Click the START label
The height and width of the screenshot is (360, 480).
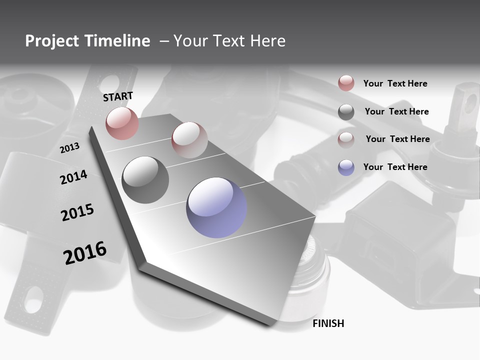[x=118, y=96]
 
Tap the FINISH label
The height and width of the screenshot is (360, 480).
[x=328, y=323]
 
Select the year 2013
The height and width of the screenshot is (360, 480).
[x=69, y=148]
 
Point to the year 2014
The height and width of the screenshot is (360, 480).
[x=73, y=177]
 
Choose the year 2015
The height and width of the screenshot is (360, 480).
[x=77, y=212]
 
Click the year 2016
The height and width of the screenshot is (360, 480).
[x=85, y=253]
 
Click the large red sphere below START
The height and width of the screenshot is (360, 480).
[x=122, y=123]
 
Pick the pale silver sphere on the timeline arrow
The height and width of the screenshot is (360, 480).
[x=189, y=139]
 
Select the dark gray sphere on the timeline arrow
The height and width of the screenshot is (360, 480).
[x=145, y=179]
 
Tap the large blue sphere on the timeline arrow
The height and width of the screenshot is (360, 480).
[x=216, y=207]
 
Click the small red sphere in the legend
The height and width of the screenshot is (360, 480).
[x=346, y=83]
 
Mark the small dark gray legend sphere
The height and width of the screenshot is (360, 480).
[x=346, y=112]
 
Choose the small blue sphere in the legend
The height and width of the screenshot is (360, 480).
[x=346, y=167]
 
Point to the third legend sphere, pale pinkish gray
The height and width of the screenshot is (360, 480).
[x=346, y=139]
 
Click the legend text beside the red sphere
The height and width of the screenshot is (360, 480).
[x=395, y=83]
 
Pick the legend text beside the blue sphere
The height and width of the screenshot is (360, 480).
[x=395, y=167]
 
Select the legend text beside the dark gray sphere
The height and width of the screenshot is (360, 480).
[x=396, y=111]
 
